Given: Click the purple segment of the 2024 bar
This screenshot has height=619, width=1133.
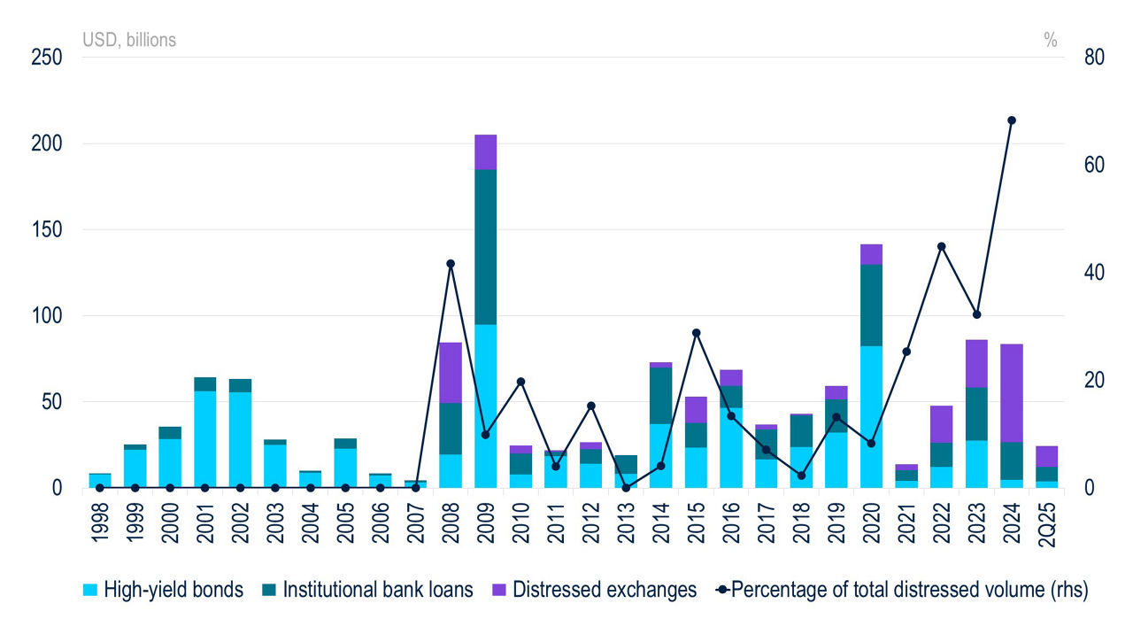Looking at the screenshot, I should click(1012, 392).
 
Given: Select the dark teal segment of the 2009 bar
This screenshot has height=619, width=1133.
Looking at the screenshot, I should click(485, 246).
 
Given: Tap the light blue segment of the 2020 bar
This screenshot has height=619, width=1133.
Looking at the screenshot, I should click(871, 416).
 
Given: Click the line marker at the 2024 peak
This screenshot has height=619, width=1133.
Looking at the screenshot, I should click(1012, 120).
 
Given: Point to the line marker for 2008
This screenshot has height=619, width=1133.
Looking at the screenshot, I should click(451, 264).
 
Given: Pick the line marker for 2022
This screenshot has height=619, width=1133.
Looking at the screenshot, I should click(942, 246).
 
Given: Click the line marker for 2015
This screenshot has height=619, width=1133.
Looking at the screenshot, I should click(696, 333).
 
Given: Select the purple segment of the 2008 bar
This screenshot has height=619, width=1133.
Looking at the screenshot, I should click(451, 372).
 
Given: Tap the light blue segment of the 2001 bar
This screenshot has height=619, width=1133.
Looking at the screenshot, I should click(204, 438).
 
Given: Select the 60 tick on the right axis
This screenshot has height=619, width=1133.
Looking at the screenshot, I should click(1094, 166).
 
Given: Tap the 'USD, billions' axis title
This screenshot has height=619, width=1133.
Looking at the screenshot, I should click(129, 40).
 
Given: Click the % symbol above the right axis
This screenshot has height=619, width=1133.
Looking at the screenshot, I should click(1051, 40).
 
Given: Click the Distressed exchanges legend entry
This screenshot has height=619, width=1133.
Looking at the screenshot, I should click(594, 590).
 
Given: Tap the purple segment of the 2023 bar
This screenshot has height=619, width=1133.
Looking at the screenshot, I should click(976, 363).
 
